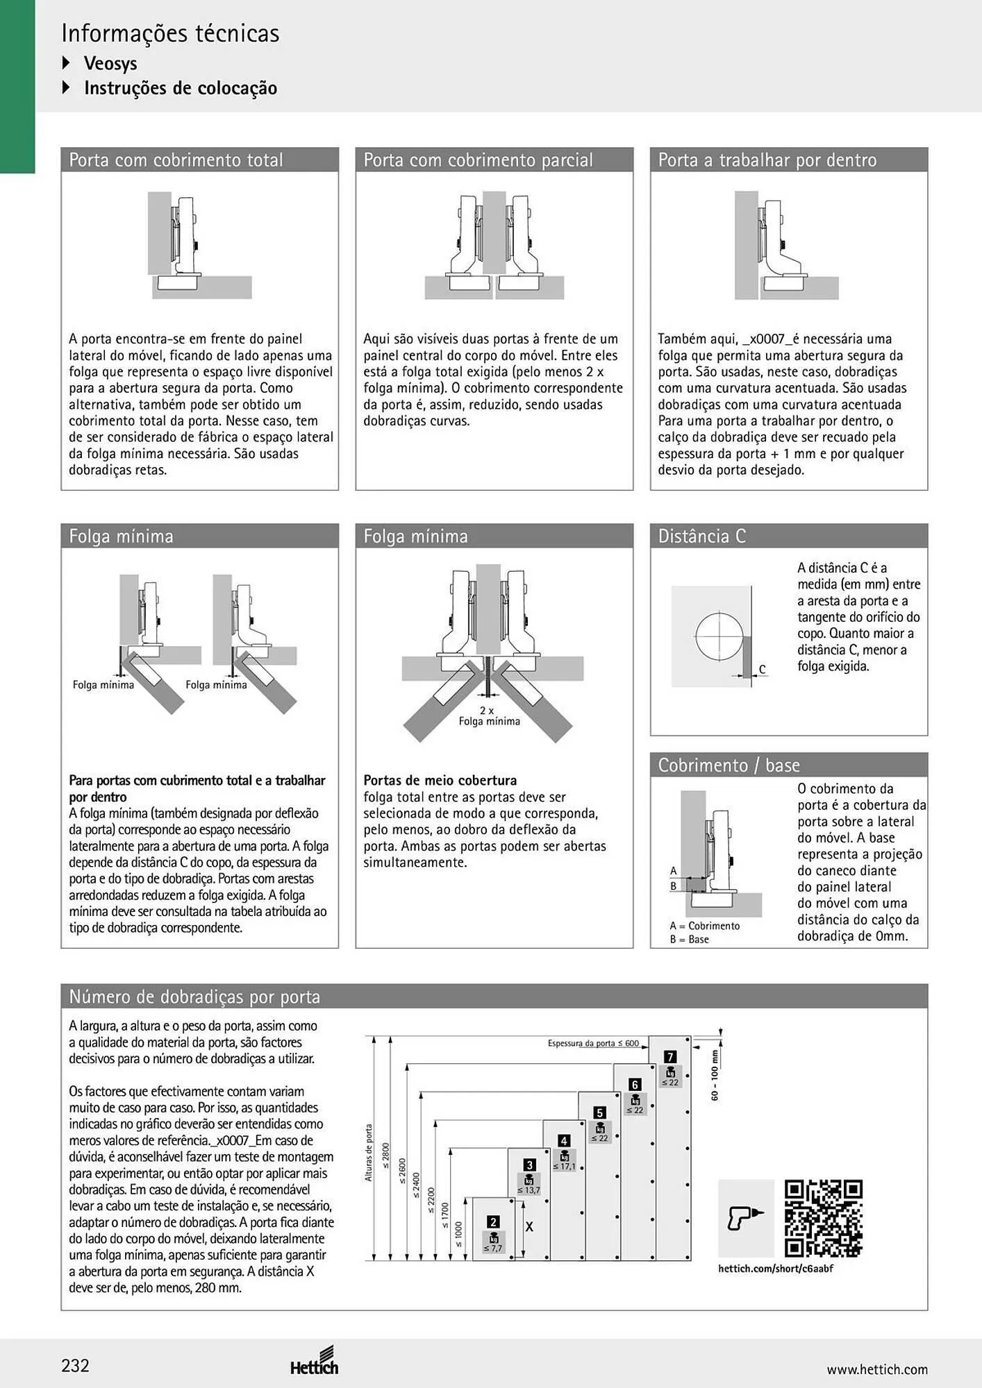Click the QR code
point(823,1219)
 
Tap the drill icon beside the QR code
point(745,1218)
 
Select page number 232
point(76,1366)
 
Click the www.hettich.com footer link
point(877,1369)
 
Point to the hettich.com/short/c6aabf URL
point(775,1269)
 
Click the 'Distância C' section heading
point(701,536)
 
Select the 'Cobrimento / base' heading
point(729,765)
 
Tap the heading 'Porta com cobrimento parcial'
point(478,160)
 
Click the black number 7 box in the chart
point(670,1057)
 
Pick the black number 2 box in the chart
point(493,1222)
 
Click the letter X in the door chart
point(529,1227)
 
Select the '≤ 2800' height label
point(385,1156)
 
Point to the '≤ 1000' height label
point(458,1235)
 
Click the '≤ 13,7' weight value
point(529,1190)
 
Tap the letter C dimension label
point(762,669)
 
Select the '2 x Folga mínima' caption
point(489,716)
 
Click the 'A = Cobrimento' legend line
point(704,926)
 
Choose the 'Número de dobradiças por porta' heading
point(194,997)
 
